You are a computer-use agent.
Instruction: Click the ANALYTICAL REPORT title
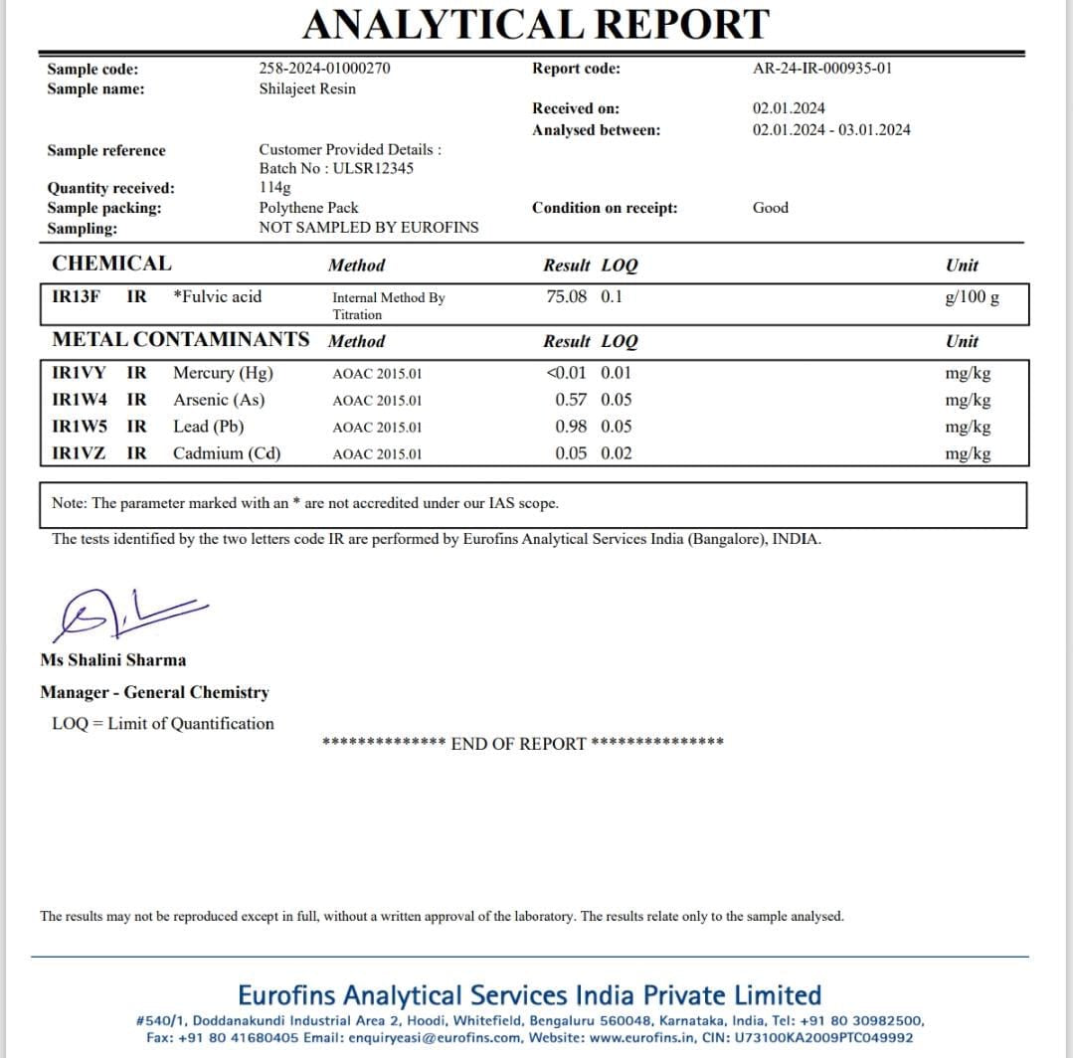(536, 24)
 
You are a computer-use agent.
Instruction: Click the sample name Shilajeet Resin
(307, 88)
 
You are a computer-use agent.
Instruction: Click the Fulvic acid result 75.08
(567, 296)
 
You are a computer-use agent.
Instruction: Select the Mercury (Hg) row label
(223, 373)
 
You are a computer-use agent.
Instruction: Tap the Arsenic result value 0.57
(571, 400)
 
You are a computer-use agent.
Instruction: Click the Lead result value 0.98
(571, 427)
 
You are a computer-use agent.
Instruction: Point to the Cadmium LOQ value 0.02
(617, 453)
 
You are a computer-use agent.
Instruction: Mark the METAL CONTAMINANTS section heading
(181, 339)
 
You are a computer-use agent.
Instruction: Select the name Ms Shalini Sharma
(113, 659)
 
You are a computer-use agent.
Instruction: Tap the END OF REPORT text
(518, 744)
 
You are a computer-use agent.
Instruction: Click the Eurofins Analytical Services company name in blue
(530, 995)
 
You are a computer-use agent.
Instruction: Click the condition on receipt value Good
(771, 208)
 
